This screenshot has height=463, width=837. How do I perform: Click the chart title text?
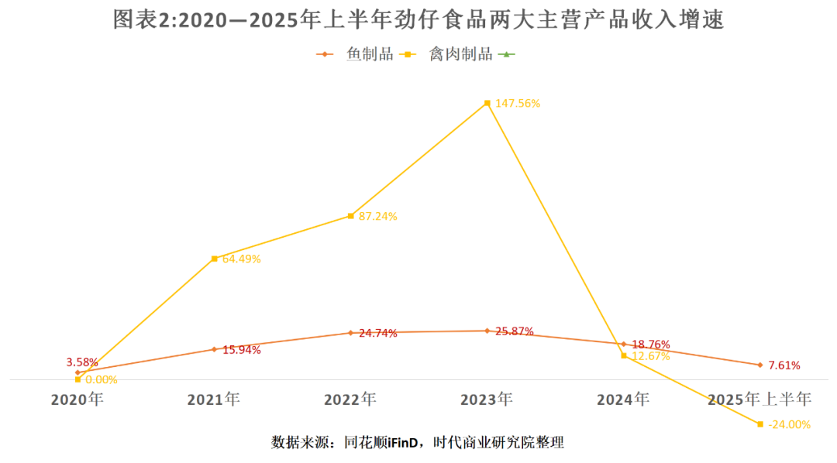418,20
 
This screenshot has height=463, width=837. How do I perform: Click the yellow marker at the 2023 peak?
487,103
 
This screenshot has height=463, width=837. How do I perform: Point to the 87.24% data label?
377,217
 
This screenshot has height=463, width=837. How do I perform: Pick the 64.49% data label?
241,259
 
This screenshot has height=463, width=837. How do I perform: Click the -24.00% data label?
789,424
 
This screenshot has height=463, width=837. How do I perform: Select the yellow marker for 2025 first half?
760,424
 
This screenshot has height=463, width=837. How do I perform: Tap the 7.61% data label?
784,365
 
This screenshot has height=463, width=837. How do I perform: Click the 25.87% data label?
514,331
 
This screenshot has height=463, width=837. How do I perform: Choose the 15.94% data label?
241,350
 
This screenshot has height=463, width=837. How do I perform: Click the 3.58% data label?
82,362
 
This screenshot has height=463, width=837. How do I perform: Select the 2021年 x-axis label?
214,400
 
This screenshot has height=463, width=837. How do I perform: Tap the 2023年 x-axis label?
487,400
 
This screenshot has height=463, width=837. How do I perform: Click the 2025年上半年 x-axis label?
759,400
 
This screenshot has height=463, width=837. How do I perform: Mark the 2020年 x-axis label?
77,400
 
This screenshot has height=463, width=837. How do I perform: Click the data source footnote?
418,443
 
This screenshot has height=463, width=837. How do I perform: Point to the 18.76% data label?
650,345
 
